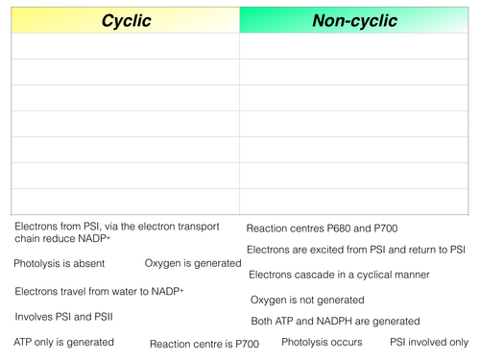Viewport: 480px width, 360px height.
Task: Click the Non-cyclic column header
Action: tap(354, 20)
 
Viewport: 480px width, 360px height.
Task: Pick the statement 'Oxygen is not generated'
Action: tap(307, 300)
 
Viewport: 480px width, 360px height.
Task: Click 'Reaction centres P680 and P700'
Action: tap(322, 228)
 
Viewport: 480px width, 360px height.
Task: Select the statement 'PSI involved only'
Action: tap(428, 342)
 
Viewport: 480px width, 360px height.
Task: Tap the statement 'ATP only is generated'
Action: tap(63, 342)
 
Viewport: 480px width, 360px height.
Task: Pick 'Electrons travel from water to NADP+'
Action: tap(99, 290)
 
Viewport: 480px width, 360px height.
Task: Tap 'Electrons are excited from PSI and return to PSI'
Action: tap(356, 250)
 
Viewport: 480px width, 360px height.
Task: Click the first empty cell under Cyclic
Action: tap(124, 47)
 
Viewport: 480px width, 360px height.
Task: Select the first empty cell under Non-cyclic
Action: tap(354, 47)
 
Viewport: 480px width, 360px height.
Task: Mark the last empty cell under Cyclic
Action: tap(124, 201)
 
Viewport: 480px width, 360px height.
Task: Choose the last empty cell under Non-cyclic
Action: tap(354, 201)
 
